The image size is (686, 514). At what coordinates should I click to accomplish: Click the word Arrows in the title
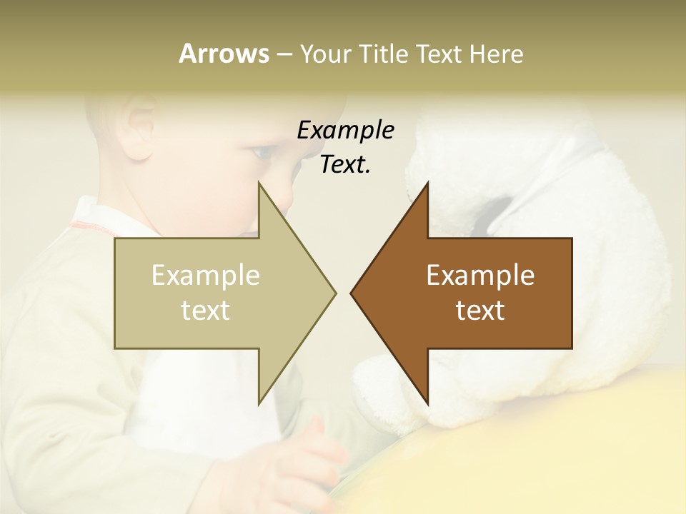[224, 54]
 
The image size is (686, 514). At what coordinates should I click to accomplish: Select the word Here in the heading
[496, 54]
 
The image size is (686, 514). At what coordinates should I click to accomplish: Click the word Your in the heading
[325, 54]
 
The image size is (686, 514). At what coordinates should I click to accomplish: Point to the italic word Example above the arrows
[345, 130]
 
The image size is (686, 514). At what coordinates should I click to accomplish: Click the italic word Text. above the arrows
[345, 164]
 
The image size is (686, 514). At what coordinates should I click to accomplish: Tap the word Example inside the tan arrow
[206, 276]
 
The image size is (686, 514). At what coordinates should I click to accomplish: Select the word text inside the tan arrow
[206, 310]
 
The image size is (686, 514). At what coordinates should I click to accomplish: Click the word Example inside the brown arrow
[480, 276]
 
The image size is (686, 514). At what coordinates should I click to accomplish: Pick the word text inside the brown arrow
[480, 310]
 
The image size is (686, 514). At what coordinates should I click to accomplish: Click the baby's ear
[139, 128]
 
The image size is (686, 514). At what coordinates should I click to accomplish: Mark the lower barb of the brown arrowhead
[426, 400]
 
